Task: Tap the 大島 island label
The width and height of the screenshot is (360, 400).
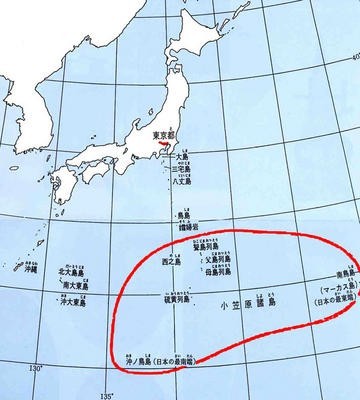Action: (x=181, y=154)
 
